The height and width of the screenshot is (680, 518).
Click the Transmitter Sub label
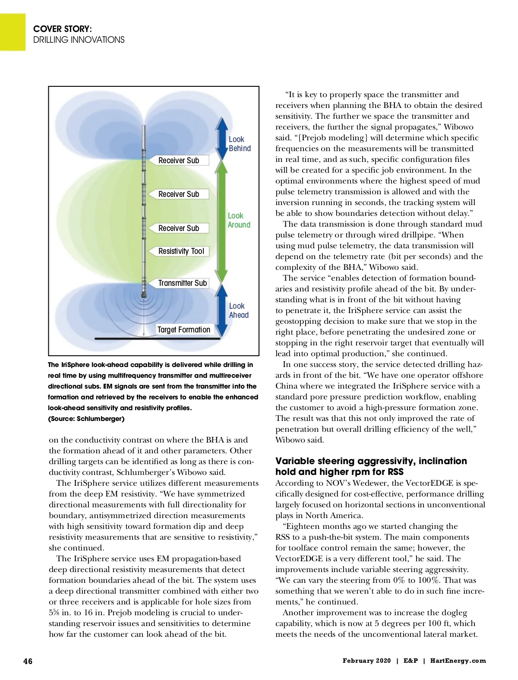(182, 283)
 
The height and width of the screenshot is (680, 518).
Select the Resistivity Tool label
(181, 251)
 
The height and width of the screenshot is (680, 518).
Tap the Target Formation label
(183, 330)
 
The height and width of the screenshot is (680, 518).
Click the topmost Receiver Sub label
(179, 161)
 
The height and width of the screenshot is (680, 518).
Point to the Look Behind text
(239, 144)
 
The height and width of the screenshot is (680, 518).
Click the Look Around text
(239, 220)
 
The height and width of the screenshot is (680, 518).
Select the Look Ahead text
(239, 310)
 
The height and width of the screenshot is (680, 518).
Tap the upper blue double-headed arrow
(222, 139)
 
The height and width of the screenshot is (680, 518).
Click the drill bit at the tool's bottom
(144, 297)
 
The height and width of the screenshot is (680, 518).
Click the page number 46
(28, 661)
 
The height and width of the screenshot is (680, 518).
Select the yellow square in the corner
(13, 32)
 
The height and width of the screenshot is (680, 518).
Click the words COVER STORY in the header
(63, 29)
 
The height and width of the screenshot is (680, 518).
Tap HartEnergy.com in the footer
(458, 661)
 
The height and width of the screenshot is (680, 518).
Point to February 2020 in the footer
(366, 661)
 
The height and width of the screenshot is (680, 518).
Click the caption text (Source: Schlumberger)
(86, 419)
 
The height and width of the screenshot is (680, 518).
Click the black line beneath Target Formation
(158, 339)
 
